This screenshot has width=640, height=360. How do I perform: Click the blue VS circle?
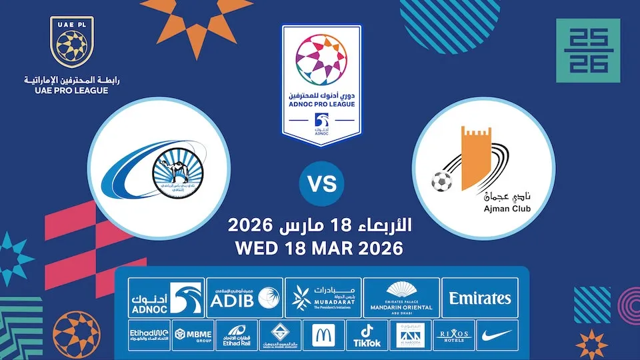click(x=321, y=182)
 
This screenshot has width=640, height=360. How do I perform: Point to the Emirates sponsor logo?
click(x=480, y=298)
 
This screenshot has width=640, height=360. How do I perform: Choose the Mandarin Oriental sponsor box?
click(x=401, y=298)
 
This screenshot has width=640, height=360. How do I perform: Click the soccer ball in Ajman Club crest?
click(x=441, y=180)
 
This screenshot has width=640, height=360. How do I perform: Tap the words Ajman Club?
click(x=484, y=211)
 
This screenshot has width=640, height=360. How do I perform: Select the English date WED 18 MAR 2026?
click(x=320, y=249)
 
